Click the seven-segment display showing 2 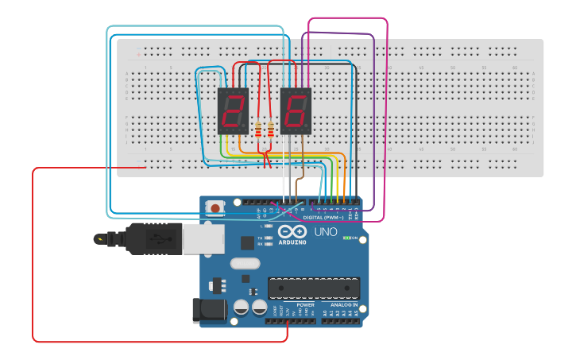click(233, 110)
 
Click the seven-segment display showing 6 click(296, 110)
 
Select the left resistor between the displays click(258, 127)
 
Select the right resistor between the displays click(271, 127)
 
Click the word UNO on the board click(326, 232)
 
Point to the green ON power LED click(346, 238)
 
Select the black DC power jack click(205, 310)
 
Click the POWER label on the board click(305, 304)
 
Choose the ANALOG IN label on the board click(344, 304)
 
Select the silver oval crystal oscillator click(245, 263)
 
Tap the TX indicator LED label click(261, 238)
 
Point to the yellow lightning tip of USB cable click(99, 238)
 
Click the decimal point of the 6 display click(308, 129)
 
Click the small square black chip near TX click(247, 243)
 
